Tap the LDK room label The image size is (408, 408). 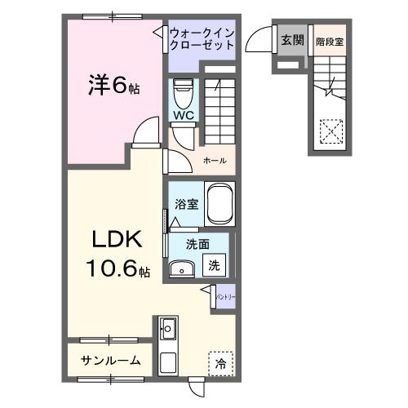(114, 242)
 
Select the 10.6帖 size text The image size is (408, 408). (114, 268)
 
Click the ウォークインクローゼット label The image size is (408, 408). (202, 38)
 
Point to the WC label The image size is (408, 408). (181, 116)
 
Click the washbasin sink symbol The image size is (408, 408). (180, 268)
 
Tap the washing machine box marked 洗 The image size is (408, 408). (213, 264)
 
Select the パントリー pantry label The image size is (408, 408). (226, 297)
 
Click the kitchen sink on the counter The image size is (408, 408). (170, 330)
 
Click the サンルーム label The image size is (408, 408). (110, 360)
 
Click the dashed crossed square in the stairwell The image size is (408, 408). (331, 131)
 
